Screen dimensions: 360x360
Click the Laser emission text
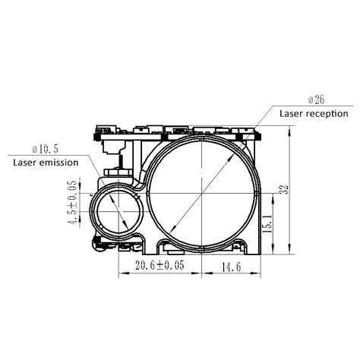click(x=46, y=162)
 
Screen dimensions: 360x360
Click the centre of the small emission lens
click(x=115, y=210)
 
